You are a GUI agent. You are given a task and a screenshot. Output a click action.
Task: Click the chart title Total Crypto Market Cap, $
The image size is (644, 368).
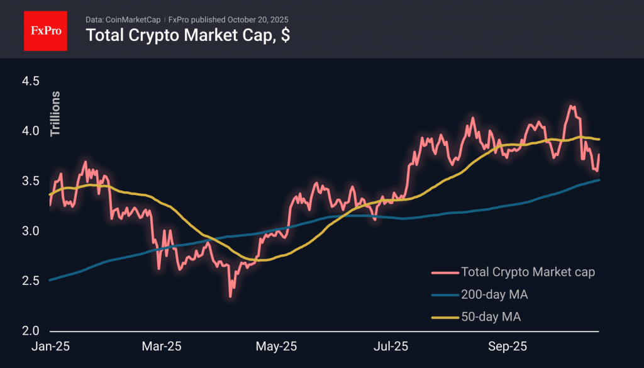[x=187, y=35]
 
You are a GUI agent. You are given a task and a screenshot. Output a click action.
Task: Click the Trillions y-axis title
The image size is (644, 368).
[x=55, y=114]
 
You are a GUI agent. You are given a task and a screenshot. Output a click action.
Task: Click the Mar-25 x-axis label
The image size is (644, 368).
[x=162, y=347]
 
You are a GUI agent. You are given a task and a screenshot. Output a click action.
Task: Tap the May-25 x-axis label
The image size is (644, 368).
[x=277, y=347]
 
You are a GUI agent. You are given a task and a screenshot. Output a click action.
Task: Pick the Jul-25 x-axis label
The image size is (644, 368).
[x=391, y=347]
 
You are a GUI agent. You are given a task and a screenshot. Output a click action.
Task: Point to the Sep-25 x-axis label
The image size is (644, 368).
[x=508, y=347]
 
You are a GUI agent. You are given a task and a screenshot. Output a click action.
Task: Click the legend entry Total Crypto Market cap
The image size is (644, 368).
[x=528, y=272]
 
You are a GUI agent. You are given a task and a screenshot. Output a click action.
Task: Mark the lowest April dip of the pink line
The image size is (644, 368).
[x=231, y=296]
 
